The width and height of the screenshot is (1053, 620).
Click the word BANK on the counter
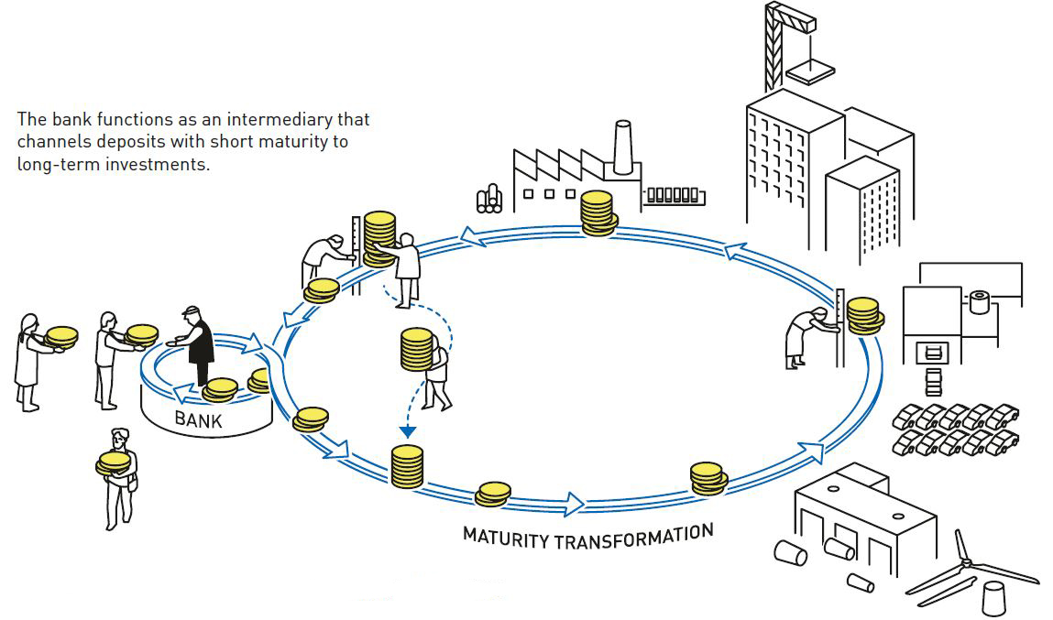pos(198,421)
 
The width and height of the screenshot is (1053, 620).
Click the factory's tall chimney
pos(624,147)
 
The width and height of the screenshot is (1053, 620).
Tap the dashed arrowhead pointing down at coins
pos(408,430)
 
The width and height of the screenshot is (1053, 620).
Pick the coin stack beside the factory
pos(597,213)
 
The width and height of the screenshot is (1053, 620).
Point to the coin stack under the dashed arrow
pos(407,466)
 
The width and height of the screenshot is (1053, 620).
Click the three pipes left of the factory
pos(489,197)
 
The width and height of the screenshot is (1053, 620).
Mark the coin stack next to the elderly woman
pos(862,315)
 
